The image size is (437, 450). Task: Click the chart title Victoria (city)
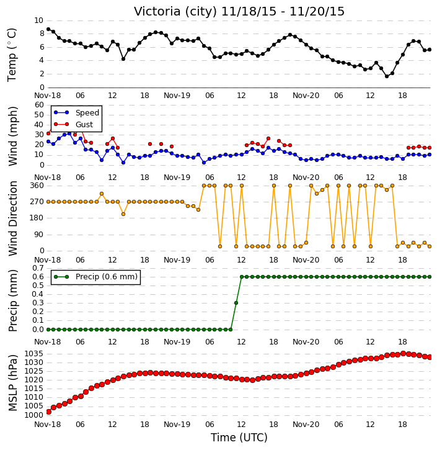click(x=175, y=12)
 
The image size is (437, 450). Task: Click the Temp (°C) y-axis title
click(x=12, y=55)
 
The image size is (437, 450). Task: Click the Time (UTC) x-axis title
click(x=239, y=438)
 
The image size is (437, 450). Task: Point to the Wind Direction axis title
click(x=13, y=218)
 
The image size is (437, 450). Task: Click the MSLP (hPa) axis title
click(x=13, y=383)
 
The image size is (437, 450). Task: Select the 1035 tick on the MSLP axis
click(x=34, y=354)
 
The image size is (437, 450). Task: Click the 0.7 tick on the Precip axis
click(x=38, y=268)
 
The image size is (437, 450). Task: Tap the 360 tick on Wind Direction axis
click(x=37, y=186)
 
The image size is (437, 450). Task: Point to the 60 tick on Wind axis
click(x=39, y=105)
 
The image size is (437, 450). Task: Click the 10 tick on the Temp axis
click(x=38, y=20)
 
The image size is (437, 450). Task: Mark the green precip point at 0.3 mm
click(x=236, y=303)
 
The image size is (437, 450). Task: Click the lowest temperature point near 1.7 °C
click(x=387, y=76)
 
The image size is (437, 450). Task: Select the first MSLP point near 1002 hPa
click(x=49, y=412)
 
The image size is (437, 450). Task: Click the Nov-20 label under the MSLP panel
click(x=306, y=425)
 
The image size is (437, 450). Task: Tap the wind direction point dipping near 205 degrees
click(x=123, y=214)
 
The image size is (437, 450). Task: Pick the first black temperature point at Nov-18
click(x=48, y=29)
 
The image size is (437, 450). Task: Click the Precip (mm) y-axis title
click(x=13, y=301)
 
